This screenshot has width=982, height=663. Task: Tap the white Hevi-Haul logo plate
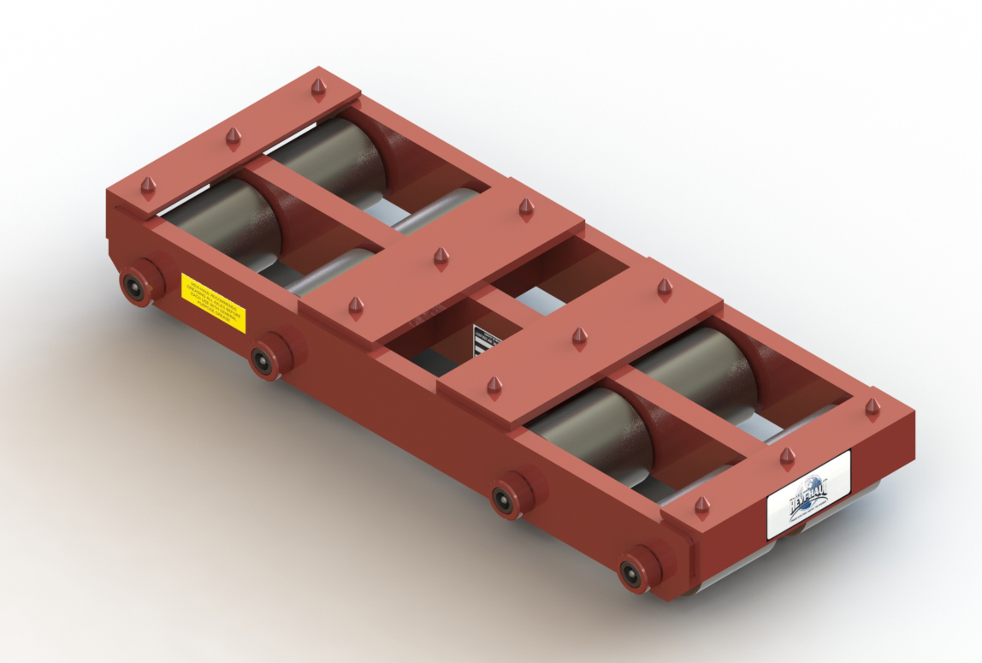tap(808, 494)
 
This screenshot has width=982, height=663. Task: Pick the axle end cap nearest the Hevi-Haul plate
tap(634, 571)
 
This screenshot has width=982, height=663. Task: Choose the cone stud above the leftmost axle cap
tap(148, 185)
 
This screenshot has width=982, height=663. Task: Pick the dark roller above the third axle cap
tap(590, 431)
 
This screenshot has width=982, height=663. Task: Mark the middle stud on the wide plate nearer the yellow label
tap(441, 257)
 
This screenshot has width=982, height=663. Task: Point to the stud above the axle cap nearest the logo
tap(701, 507)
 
